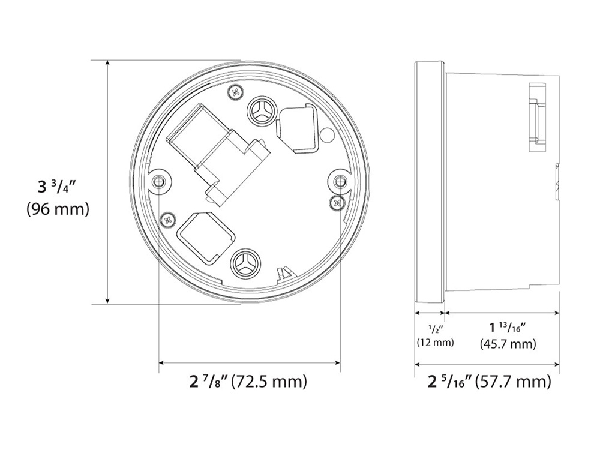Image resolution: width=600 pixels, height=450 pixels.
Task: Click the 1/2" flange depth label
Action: click(x=436, y=328)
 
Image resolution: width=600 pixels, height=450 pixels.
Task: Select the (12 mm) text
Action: click(x=436, y=343)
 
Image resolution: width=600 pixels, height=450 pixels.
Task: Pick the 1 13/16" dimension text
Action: click(x=508, y=328)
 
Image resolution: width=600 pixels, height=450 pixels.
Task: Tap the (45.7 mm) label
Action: click(x=508, y=344)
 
